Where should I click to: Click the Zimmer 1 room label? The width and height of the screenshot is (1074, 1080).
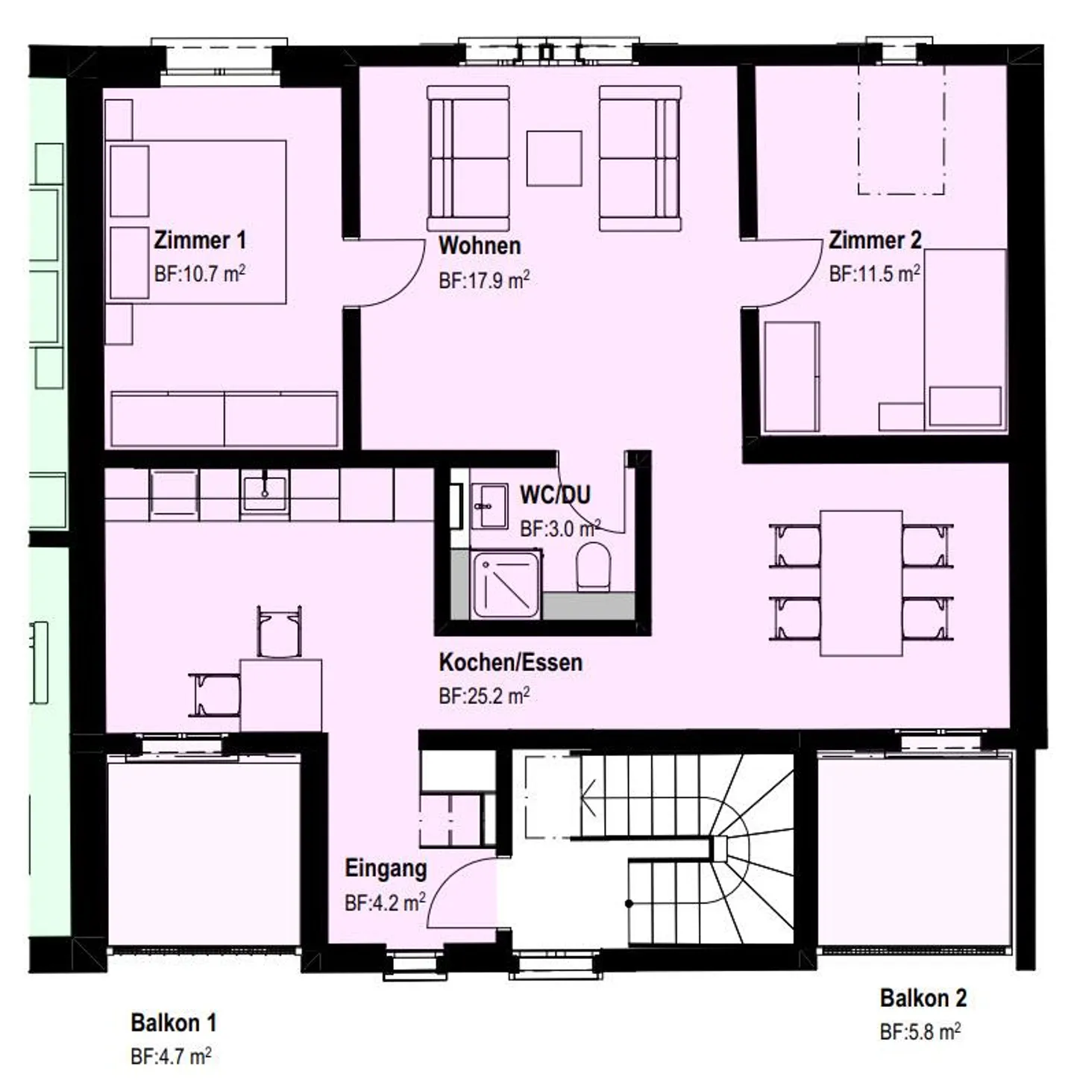199,240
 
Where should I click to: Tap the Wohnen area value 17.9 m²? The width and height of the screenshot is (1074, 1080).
484,280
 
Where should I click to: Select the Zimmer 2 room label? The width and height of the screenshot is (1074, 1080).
875,240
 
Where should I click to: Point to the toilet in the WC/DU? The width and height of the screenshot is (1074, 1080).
592,566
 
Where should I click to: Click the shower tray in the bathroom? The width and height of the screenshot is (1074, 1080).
506,584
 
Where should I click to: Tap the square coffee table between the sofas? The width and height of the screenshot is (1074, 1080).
553,158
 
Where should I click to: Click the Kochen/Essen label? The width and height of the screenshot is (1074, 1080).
510,663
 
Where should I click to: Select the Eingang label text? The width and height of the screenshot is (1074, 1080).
386,868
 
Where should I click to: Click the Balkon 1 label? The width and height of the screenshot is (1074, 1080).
173,1023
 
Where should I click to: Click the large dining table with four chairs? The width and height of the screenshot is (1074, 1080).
861,583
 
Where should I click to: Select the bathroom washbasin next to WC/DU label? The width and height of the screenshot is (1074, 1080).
490,506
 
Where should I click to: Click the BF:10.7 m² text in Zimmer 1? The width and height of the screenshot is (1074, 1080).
199,274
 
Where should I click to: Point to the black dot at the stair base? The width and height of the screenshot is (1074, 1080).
629,903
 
